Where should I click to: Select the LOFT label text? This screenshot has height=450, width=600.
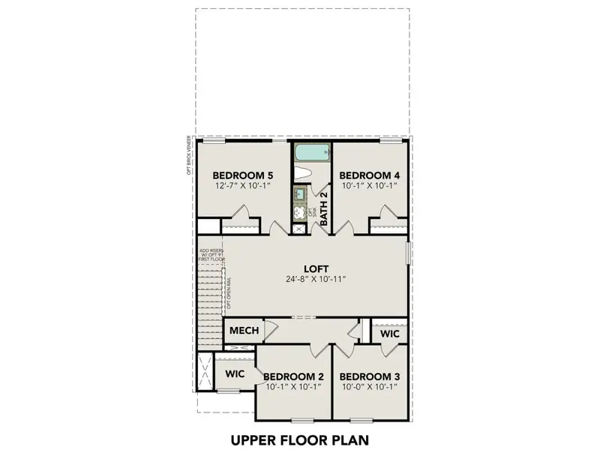(x=315, y=267)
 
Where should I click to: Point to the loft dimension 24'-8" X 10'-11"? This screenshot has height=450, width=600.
(x=315, y=279)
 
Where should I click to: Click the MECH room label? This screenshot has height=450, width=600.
(x=244, y=331)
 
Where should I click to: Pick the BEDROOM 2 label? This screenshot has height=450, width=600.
(x=293, y=376)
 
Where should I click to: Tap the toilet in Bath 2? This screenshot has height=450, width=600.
(x=304, y=174)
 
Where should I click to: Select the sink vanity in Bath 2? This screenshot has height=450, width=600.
(x=301, y=196)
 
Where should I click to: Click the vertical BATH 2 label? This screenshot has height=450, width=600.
(x=324, y=208)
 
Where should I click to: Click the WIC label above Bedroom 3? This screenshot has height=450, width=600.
(x=389, y=332)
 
